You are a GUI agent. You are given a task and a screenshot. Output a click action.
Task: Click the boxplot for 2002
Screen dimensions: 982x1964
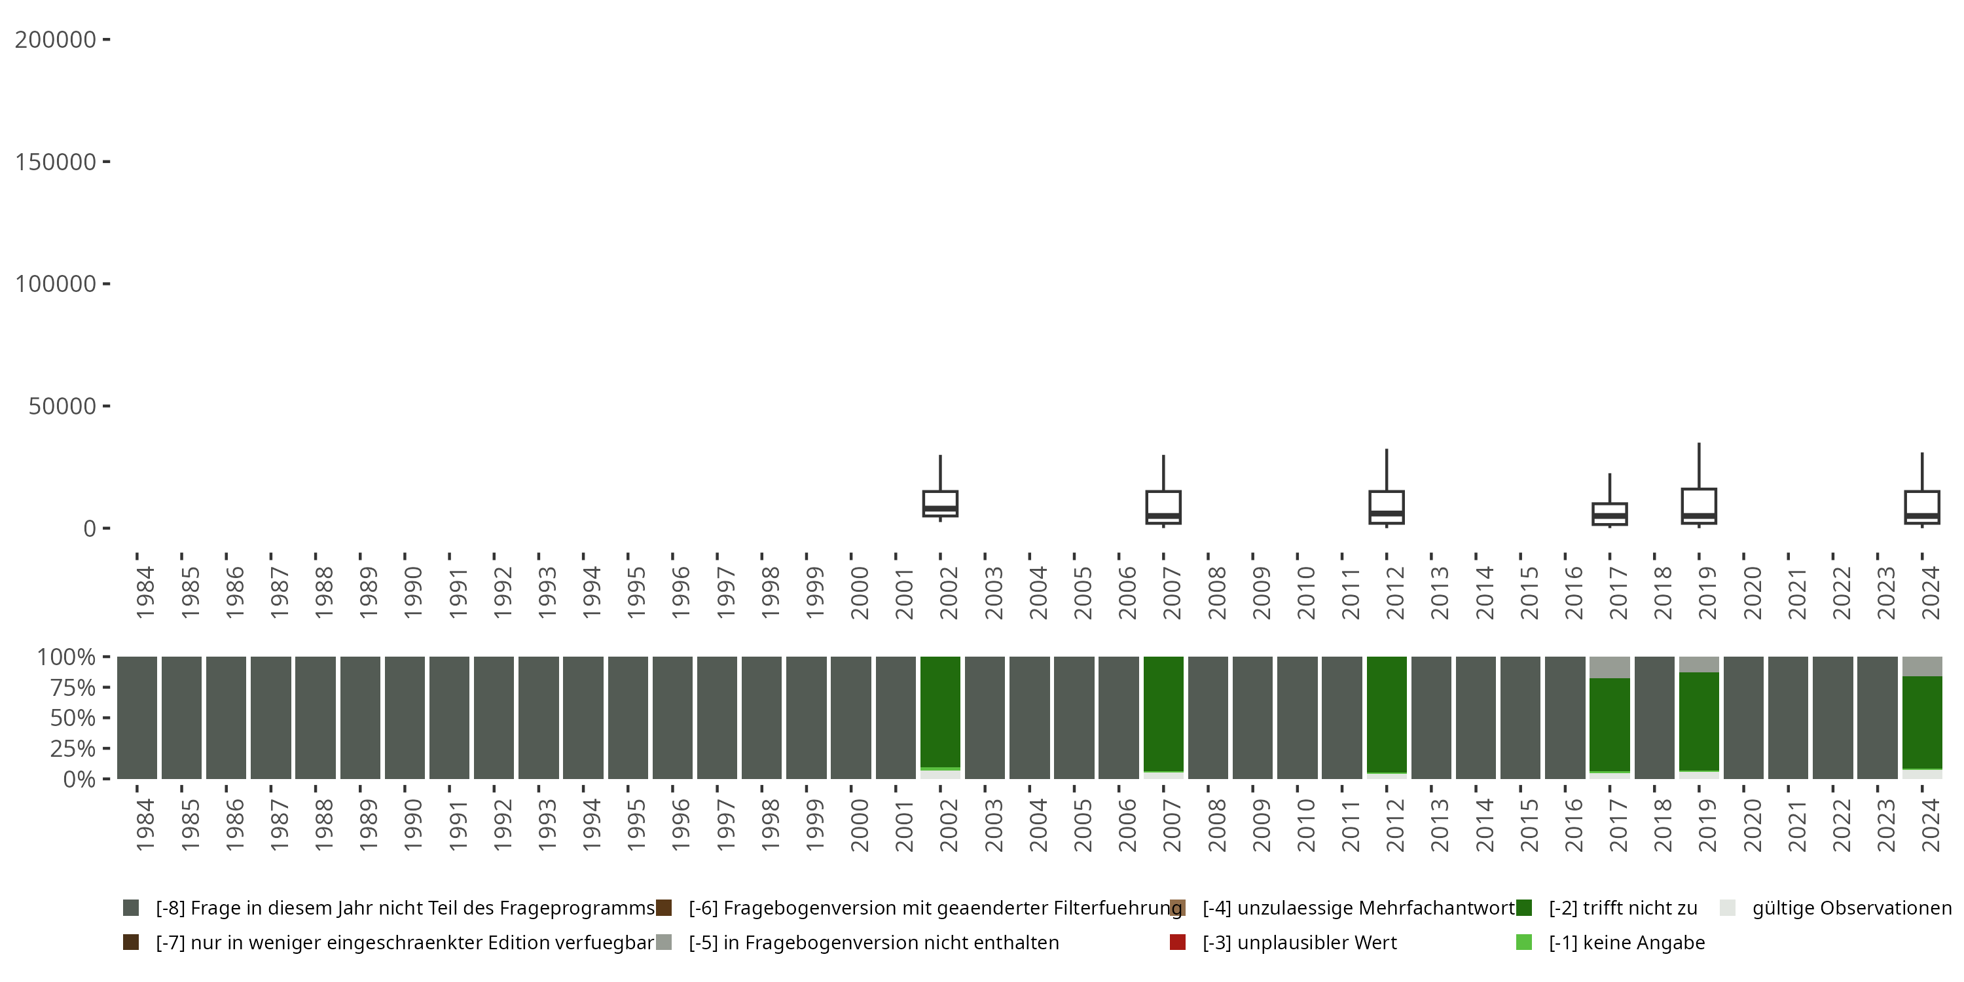pyautogui.click(x=940, y=504)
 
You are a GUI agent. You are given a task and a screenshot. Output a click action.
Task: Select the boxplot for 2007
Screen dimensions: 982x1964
pyautogui.click(x=1163, y=507)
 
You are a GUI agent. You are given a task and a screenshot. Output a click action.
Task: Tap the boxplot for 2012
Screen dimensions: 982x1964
pyautogui.click(x=1386, y=507)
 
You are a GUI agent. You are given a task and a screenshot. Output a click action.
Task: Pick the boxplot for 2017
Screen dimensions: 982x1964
pyautogui.click(x=1609, y=514)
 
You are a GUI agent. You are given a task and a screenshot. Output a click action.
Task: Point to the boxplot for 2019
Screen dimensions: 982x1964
pyautogui.click(x=1699, y=505)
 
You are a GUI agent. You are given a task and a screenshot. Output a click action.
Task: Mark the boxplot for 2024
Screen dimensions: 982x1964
pyautogui.click(x=1922, y=507)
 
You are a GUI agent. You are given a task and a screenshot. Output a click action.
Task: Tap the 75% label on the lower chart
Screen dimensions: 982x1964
pyautogui.click(x=73, y=687)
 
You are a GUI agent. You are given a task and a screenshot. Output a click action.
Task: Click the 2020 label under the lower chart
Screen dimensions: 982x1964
pyautogui.click(x=1752, y=825)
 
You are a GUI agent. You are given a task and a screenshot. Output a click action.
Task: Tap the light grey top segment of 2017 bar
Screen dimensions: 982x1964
pyautogui.click(x=1609, y=667)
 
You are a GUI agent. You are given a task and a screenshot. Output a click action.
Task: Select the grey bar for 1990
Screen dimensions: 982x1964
pyautogui.click(x=405, y=717)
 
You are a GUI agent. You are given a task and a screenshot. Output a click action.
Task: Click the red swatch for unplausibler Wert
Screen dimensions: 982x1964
pyautogui.click(x=1177, y=942)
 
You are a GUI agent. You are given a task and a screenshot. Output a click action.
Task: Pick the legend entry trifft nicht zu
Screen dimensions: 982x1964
pyautogui.click(x=1622, y=908)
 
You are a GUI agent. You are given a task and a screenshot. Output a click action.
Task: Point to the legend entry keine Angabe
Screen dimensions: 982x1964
pyautogui.click(x=1626, y=942)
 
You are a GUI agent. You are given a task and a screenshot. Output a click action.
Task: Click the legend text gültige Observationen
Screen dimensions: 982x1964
pyautogui.click(x=1851, y=908)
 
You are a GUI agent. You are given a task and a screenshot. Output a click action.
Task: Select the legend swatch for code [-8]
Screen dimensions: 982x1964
pyautogui.click(x=131, y=908)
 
